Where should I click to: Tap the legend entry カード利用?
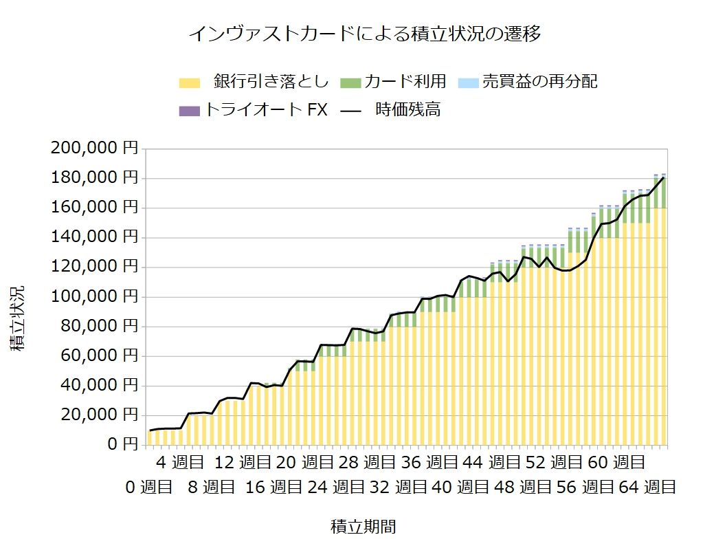(405, 82)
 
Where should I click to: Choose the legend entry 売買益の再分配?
(539, 82)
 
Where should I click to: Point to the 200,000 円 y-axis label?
(93, 149)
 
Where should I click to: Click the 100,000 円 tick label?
(93, 297)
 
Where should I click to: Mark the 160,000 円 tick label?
(93, 208)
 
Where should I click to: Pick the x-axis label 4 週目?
(180, 461)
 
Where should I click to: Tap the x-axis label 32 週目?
(399, 488)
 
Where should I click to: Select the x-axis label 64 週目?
(648, 488)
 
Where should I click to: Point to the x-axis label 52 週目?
(555, 461)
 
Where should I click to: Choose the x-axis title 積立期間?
(363, 527)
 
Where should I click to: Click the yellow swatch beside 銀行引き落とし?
(189, 83)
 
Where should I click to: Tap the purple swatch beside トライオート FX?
(189, 110)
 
